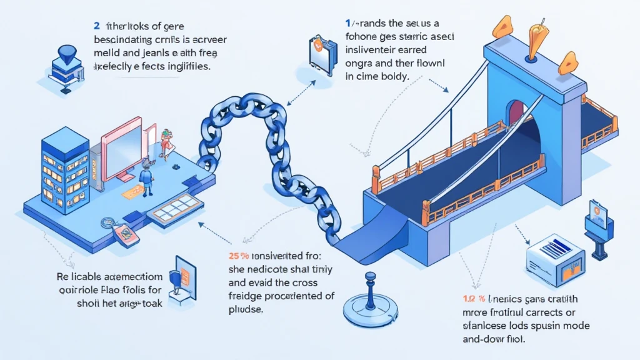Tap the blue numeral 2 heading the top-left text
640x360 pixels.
97,27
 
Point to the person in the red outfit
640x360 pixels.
165,142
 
